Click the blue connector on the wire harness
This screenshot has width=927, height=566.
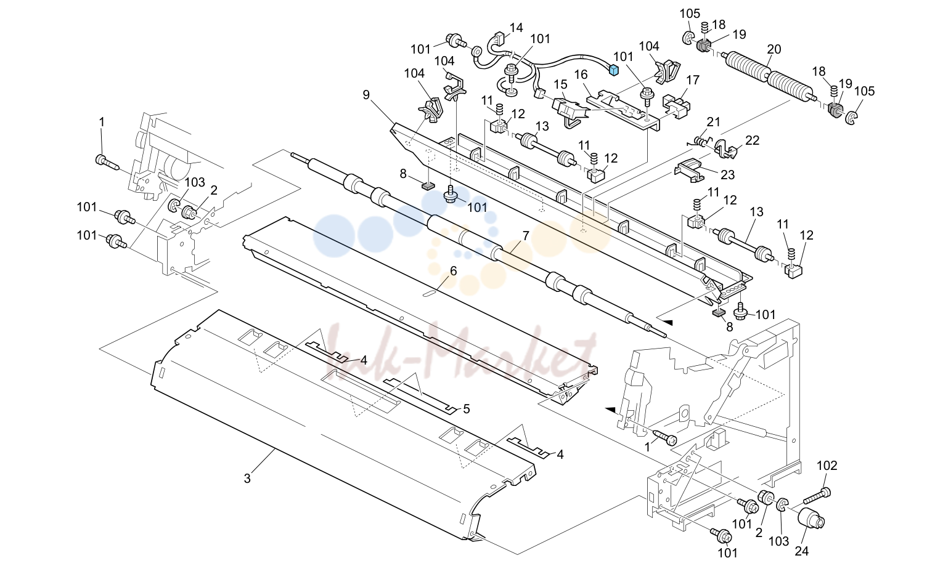(614, 70)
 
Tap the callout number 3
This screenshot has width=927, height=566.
(247, 479)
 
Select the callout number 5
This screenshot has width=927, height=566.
(467, 409)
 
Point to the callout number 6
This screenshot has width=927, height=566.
(454, 271)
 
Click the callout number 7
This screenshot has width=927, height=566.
(526, 236)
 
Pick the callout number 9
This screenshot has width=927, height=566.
(366, 95)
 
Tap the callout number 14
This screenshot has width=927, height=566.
(516, 28)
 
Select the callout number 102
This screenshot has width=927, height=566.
(827, 466)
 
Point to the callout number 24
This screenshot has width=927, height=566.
(802, 551)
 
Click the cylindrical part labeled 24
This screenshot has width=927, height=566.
(811, 519)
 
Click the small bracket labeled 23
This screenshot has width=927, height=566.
(689, 170)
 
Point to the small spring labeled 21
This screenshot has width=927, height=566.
(700, 142)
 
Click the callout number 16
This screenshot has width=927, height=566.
(581, 75)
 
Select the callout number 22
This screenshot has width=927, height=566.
(753, 140)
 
